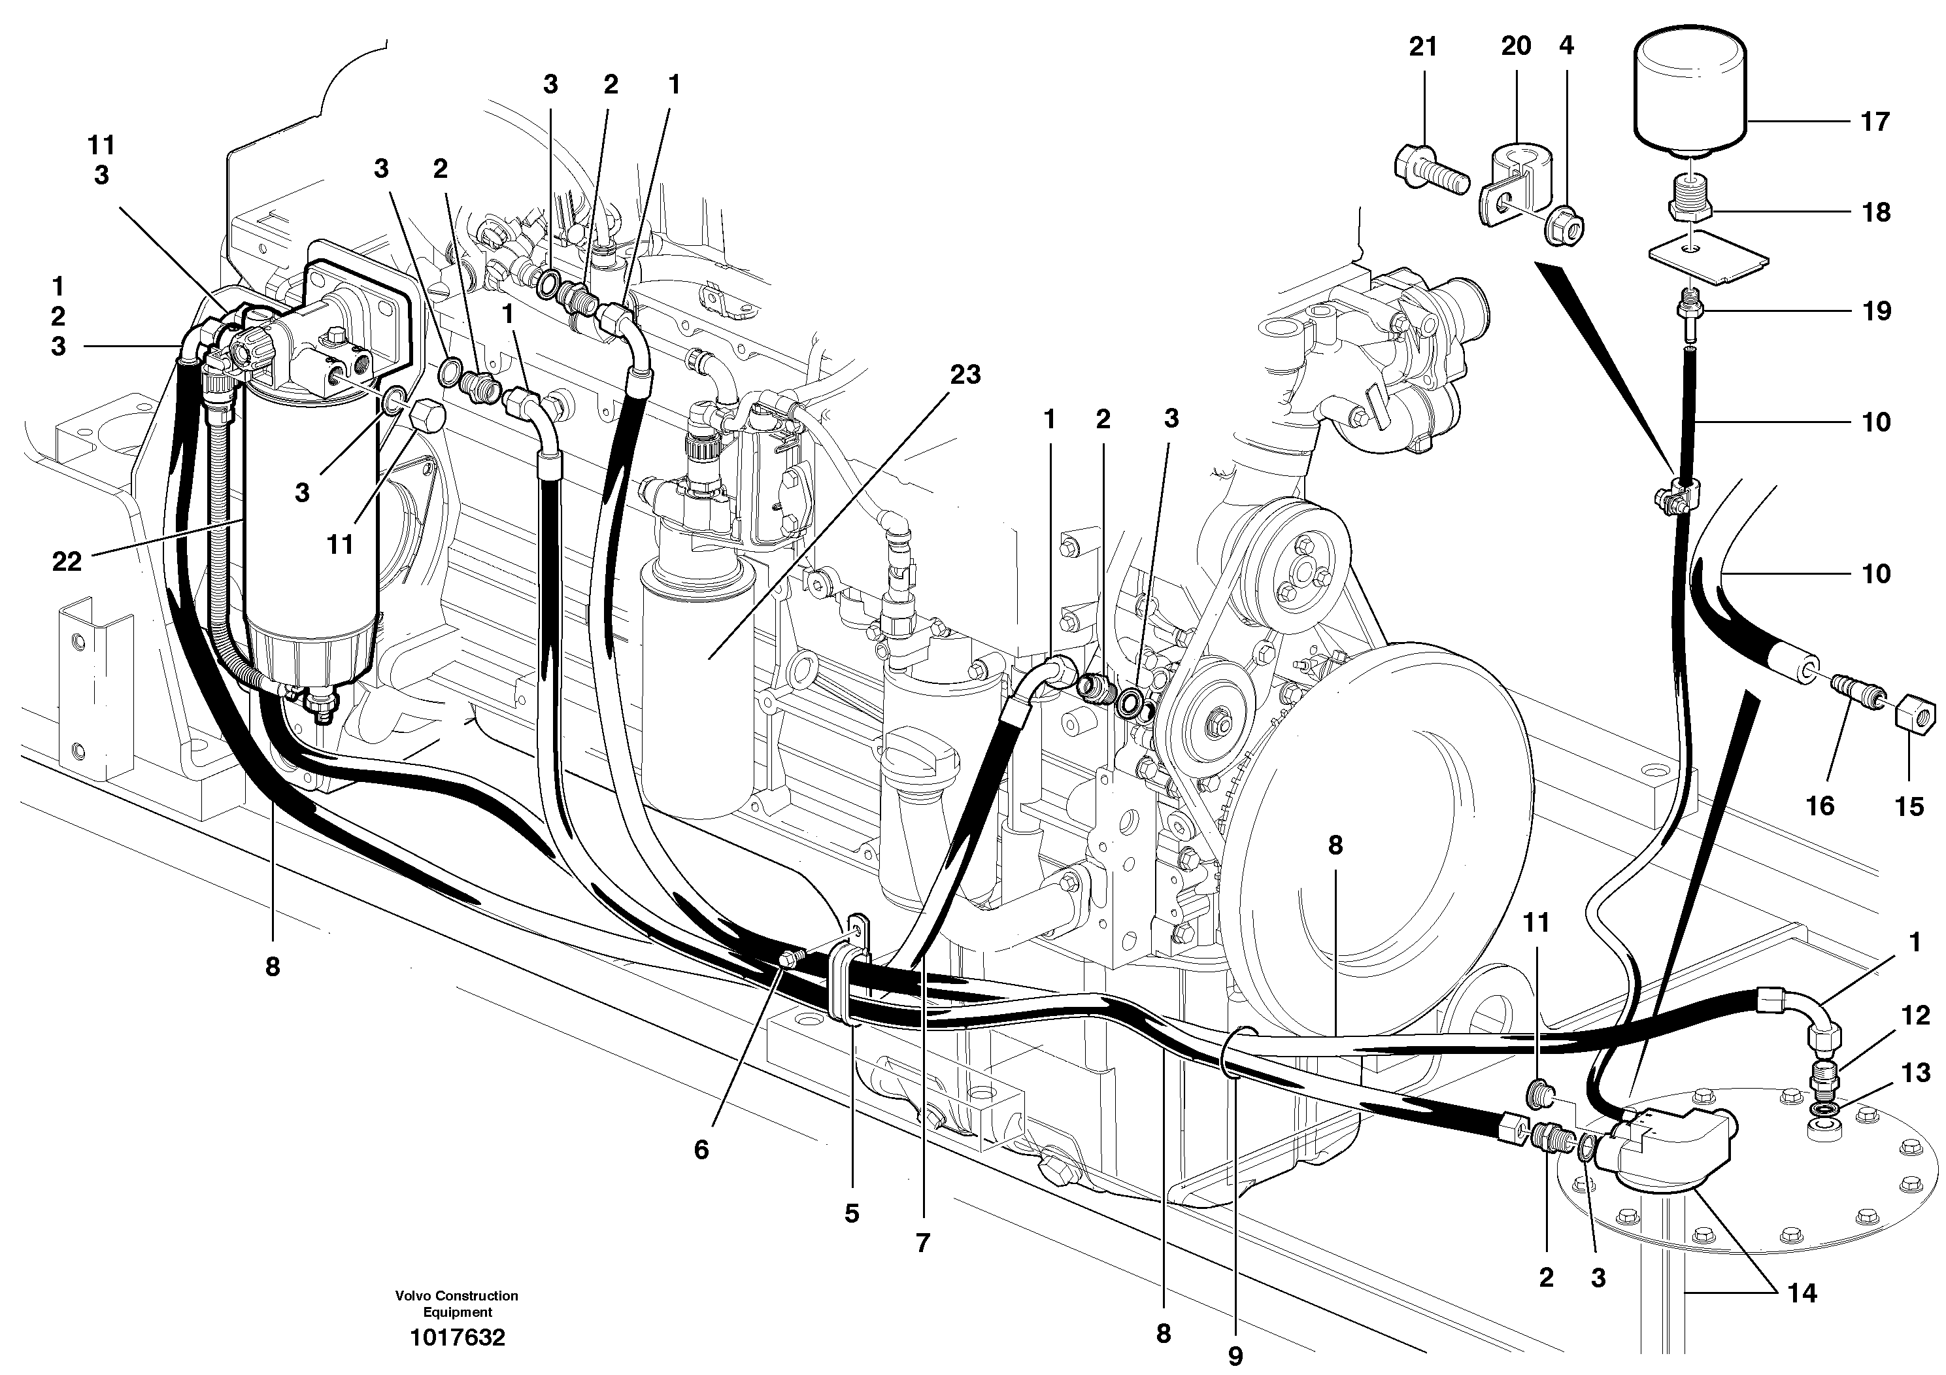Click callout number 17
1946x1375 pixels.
[1875, 122]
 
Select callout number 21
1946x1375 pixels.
[1423, 46]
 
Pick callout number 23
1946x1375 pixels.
[965, 374]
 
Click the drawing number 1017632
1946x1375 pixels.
[457, 1338]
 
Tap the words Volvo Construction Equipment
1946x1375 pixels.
[456, 1303]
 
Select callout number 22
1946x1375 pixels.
[66, 560]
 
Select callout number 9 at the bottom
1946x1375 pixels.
[1235, 1356]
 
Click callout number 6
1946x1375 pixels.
[701, 1149]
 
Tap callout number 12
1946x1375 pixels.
[1915, 1015]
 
